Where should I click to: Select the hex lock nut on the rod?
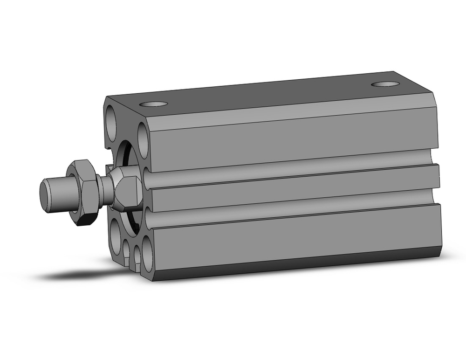[83, 192]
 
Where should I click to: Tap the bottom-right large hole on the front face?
[147, 254]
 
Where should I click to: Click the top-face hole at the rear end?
[387, 84]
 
